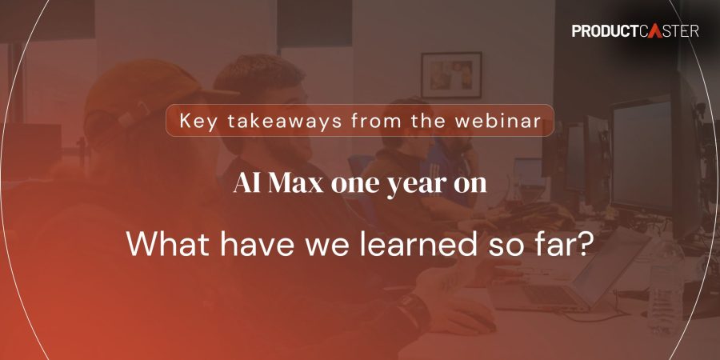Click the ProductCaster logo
point(635,31)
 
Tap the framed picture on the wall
point(451,75)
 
